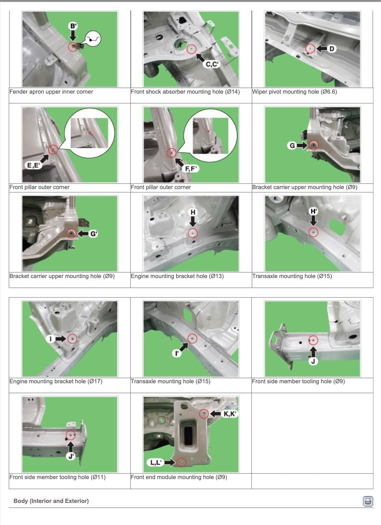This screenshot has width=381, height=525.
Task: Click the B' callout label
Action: click(73, 26)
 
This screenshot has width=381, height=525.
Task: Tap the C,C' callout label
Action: click(212, 64)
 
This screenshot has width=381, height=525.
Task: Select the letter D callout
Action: click(332, 49)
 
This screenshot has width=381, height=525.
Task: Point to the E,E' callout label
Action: click(33, 165)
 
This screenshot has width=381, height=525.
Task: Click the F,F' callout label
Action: click(191, 168)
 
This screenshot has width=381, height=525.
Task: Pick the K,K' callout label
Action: click(230, 414)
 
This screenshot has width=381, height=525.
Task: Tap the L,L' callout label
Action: click(155, 462)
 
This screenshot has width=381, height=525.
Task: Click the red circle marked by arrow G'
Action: click(72, 234)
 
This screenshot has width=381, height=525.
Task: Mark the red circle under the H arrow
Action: click(193, 233)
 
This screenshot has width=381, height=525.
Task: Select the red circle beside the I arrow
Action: click(72, 339)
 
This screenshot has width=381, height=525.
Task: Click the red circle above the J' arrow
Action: click(70, 435)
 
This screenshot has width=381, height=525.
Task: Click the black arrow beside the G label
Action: click(302, 146)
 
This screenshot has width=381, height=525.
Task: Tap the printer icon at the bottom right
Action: click(368, 501)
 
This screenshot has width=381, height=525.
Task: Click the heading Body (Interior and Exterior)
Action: click(51, 501)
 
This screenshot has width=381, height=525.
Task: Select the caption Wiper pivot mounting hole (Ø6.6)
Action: click(295, 91)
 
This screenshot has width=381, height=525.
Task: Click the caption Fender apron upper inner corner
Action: click(51, 91)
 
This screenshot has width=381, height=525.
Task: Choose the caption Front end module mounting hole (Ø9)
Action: click(179, 477)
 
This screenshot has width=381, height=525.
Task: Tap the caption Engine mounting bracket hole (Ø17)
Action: click(56, 381)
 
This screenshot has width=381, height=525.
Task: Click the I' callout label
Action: click(176, 353)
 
